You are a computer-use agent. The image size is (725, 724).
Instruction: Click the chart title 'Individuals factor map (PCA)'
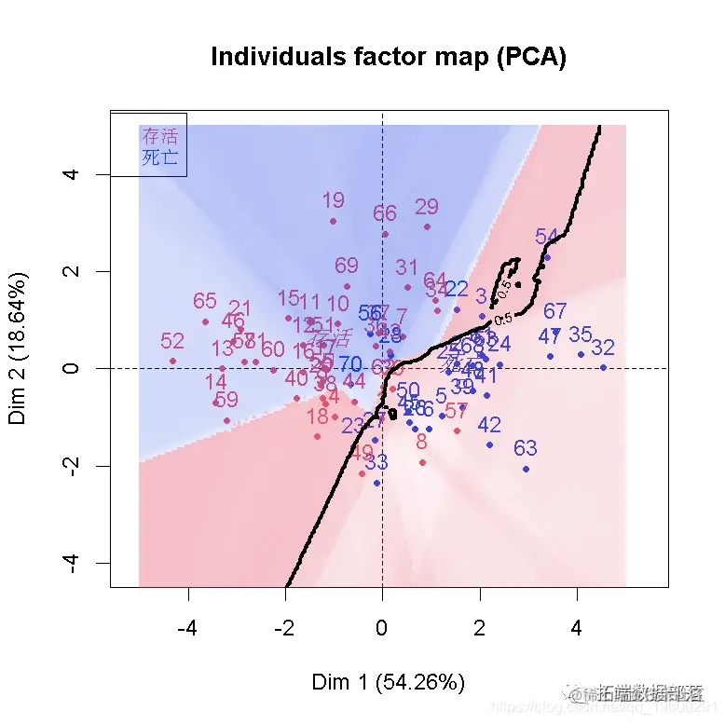click(x=388, y=58)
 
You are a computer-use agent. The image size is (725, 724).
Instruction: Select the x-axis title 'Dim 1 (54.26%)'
click(x=388, y=682)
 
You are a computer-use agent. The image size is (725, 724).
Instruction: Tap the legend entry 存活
click(x=159, y=137)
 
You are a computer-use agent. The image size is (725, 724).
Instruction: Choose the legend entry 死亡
click(x=159, y=157)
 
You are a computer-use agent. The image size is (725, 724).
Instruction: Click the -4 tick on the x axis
click(x=188, y=629)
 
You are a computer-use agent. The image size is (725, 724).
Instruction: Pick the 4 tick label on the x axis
click(x=576, y=629)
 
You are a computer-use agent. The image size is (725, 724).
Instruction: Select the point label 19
click(x=333, y=200)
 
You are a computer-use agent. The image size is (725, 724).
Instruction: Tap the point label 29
click(x=427, y=207)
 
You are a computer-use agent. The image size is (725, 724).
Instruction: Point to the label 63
click(x=526, y=449)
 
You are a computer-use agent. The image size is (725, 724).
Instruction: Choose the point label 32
click(x=603, y=348)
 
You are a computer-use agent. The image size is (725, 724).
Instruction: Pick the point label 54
click(x=547, y=238)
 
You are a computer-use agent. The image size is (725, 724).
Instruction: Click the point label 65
click(x=205, y=302)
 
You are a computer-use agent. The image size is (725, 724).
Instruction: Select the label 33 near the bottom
click(x=376, y=462)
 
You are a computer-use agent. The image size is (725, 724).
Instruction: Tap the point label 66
click(x=385, y=213)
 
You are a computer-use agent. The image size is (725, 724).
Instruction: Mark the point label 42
click(x=489, y=425)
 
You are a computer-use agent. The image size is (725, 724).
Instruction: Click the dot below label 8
click(x=422, y=462)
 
